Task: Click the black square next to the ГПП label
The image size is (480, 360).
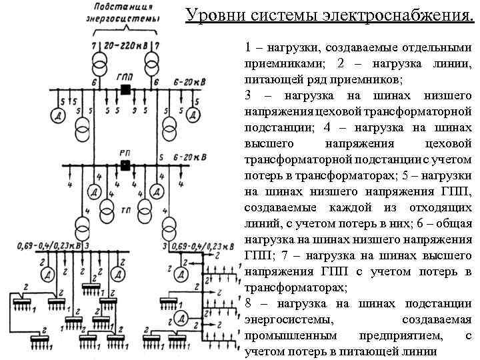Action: tap(125, 89)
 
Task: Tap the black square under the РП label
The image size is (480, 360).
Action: tap(125, 165)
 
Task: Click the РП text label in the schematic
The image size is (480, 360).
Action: tap(125, 152)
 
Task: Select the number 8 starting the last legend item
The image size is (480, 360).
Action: tap(249, 303)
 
